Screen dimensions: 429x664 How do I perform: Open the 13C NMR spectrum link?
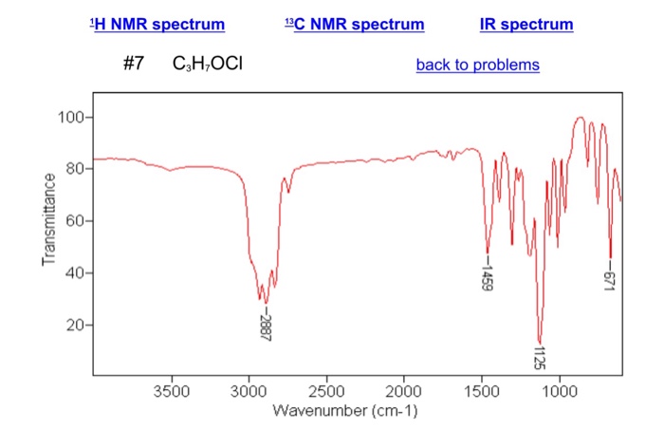pos(354,24)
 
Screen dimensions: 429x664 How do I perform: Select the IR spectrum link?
pos(526,24)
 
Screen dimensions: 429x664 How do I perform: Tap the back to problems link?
pos(477,65)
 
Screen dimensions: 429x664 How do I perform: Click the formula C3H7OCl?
pos(208,65)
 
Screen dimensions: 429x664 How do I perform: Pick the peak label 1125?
pos(541,362)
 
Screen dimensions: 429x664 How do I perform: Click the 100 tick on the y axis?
pos(73,118)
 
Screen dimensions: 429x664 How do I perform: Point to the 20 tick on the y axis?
pos(77,326)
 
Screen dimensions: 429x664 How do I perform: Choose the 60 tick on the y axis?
pos(77,221)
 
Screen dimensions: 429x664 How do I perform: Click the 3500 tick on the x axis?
pos(171,390)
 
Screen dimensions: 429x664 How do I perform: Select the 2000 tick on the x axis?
pos(404,390)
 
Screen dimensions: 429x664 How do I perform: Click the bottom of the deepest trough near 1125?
pos(540,343)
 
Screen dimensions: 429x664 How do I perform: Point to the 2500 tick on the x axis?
pos(326,390)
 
